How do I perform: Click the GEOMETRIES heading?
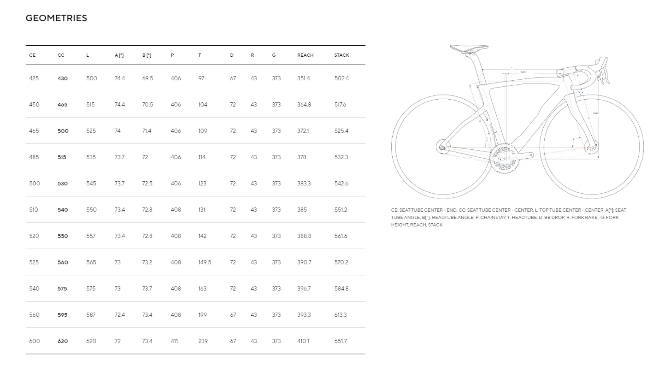tap(56, 18)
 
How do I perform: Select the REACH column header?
tap(305, 55)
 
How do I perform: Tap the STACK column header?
tap(342, 55)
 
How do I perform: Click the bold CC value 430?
tap(62, 78)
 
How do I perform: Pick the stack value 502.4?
tap(342, 78)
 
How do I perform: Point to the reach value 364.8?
tap(304, 105)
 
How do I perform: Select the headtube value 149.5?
tap(205, 262)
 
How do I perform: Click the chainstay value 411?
tap(174, 341)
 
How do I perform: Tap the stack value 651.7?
tap(340, 341)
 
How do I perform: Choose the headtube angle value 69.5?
tap(148, 78)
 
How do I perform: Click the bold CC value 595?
tap(62, 315)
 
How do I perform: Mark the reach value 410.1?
tap(303, 341)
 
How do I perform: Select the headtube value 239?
tap(203, 341)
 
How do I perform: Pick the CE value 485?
tap(34, 157)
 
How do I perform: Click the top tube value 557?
tap(91, 236)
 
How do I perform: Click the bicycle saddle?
tap(469, 48)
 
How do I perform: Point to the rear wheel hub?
tap(442, 147)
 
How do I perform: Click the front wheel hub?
tap(592, 147)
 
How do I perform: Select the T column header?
tap(199, 55)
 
